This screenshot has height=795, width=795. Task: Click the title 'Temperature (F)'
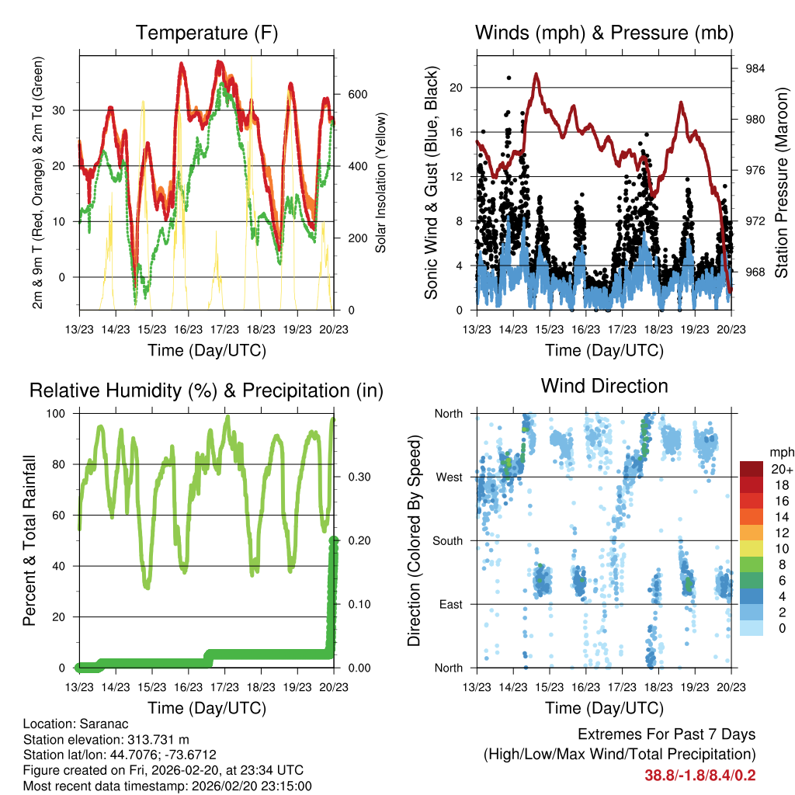coord(207,33)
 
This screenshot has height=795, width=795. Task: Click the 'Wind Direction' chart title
coord(604,385)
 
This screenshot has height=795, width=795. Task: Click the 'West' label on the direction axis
coord(449,477)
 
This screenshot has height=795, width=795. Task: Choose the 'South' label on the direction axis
coord(446,540)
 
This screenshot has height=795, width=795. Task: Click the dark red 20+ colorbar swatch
coord(752,468)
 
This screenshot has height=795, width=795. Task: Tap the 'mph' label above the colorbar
coord(780,452)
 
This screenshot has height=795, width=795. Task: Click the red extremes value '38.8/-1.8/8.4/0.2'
coord(700,775)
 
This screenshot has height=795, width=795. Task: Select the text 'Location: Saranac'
coord(71,723)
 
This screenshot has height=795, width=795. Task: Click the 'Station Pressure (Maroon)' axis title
coord(782,182)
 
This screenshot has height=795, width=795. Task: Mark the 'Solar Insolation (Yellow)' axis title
coord(381,182)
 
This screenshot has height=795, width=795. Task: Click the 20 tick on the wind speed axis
coord(457,88)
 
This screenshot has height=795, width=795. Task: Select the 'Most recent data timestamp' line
coord(167,786)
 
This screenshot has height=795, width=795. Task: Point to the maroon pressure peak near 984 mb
coord(536,75)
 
